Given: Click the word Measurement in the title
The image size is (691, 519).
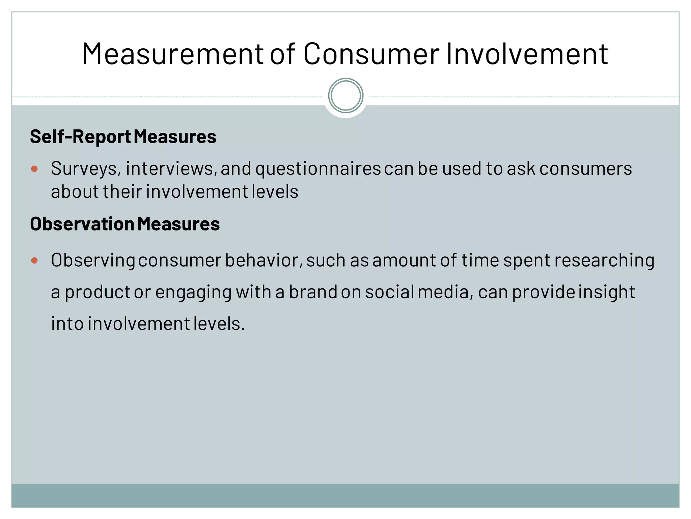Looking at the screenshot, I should click(x=172, y=54).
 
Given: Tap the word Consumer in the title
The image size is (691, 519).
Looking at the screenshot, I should click(x=371, y=54).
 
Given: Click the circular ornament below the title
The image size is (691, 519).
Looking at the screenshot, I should click(x=345, y=96).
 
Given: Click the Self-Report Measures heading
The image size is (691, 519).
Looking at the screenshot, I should click(x=123, y=137).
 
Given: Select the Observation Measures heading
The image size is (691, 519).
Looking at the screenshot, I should click(x=125, y=224).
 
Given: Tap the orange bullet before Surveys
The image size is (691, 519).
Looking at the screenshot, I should click(x=34, y=169).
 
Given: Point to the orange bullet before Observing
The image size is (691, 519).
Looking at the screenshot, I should click(x=34, y=261).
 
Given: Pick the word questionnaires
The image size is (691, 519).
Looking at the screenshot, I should click(x=318, y=169).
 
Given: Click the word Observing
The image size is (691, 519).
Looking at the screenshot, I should click(x=93, y=261).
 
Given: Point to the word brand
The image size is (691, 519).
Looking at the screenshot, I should click(x=313, y=292).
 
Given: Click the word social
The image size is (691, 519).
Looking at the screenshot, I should click(x=389, y=292).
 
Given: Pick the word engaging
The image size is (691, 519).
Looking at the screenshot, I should click(x=193, y=292).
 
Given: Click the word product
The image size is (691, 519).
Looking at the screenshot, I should click(x=98, y=292).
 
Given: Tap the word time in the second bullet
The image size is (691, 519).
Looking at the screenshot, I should click(x=480, y=261).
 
